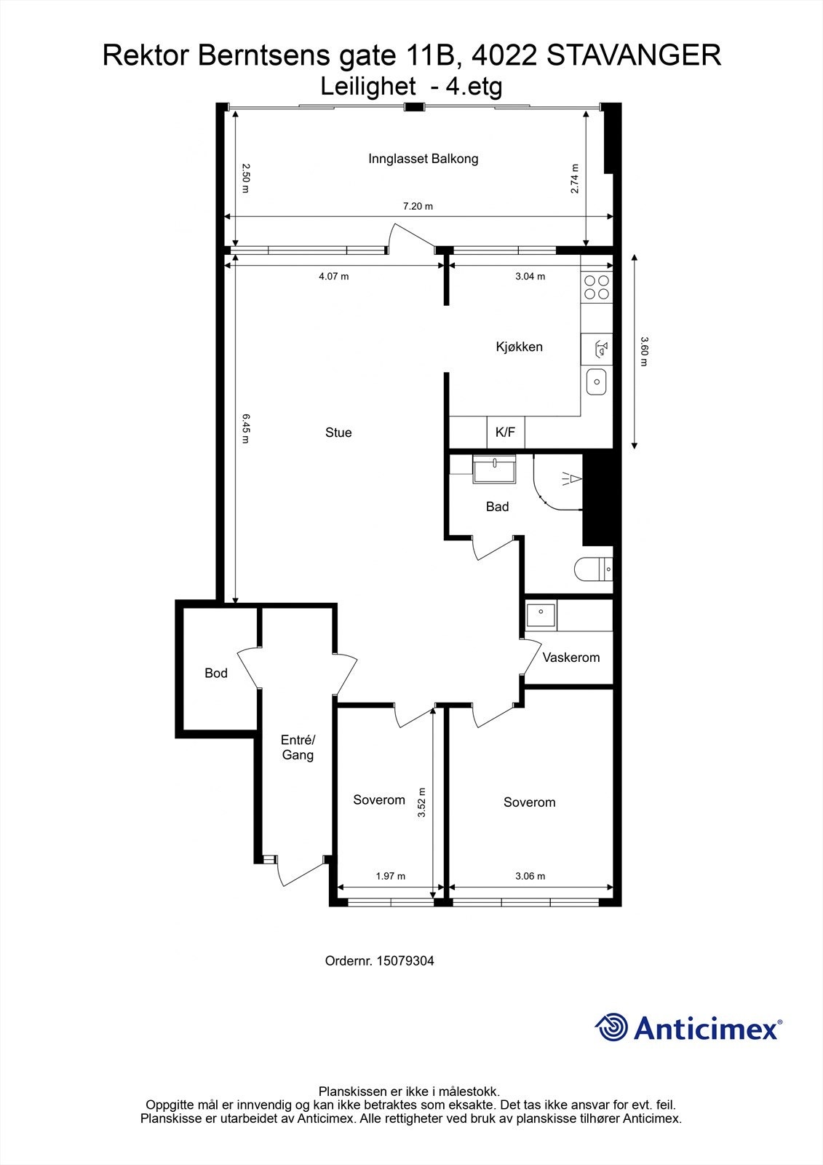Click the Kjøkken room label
pos(519,347)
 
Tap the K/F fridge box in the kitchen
pos(505,433)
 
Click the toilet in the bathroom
pos(592,569)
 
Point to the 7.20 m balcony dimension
pos(418,206)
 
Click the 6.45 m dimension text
pos(245,428)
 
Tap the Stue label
pos(338,433)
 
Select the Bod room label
pos(216,673)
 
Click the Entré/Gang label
pos(298,747)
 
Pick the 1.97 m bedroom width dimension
pos(390,876)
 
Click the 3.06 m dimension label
pos(530,876)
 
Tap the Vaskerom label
pos(571,657)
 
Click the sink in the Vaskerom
pos(541,615)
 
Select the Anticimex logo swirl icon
pos(611,1027)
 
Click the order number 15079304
pos(405,960)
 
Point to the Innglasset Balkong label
pos(423,158)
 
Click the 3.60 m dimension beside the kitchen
pos(643,351)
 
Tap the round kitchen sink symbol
pos(597,381)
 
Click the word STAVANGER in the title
pos(633,55)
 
